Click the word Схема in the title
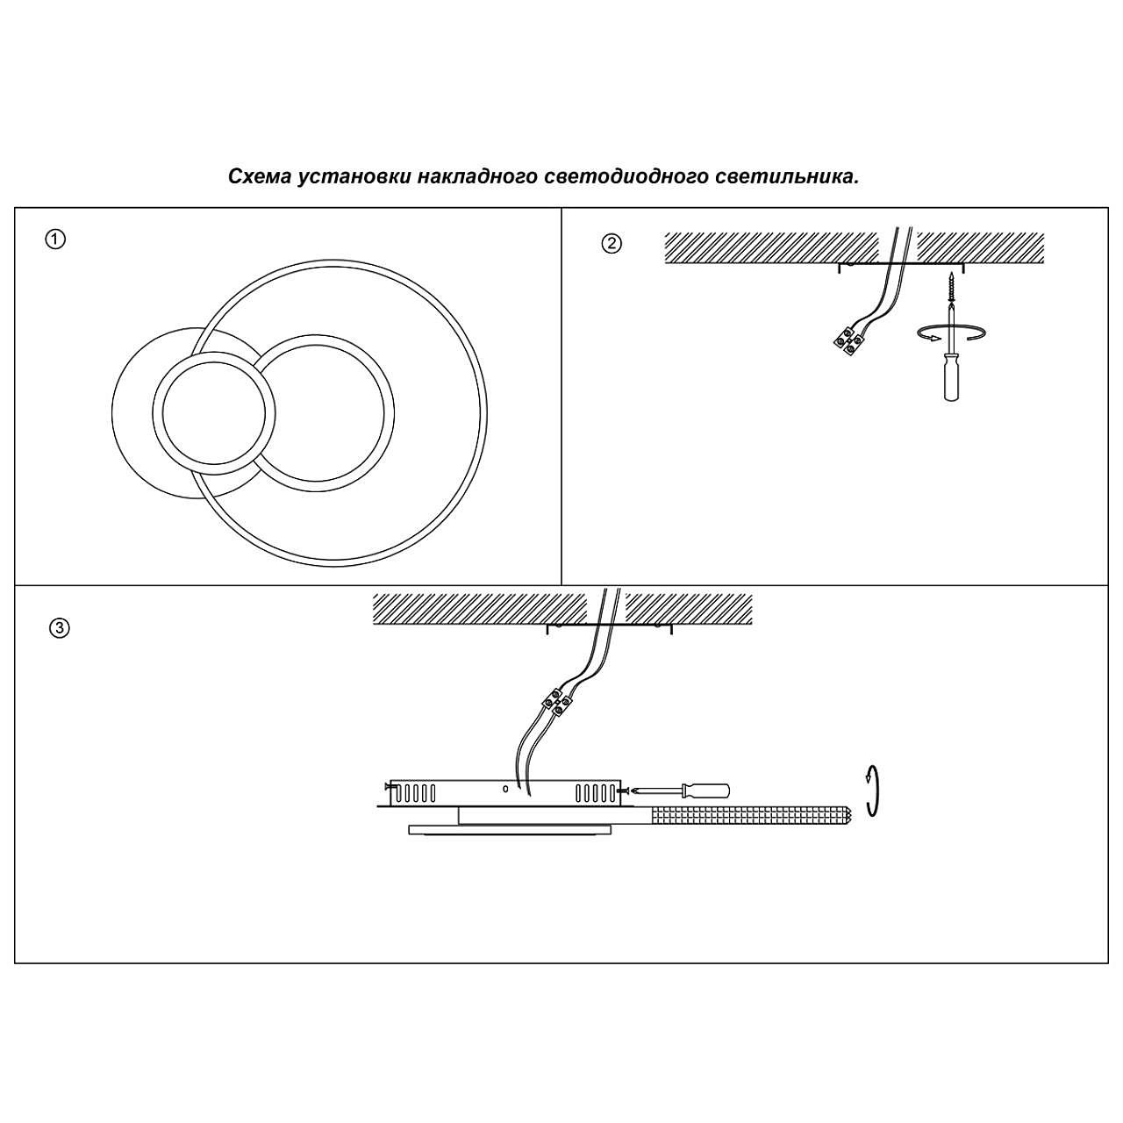pos(259,176)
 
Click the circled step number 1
pos(55,240)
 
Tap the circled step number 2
pos(612,244)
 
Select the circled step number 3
pos(59,628)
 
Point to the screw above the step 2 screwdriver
pos(951,286)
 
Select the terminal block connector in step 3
pos(556,699)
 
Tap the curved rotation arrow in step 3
pos(871,790)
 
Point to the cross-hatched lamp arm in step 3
pos(750,816)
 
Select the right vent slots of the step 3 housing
pos(597,794)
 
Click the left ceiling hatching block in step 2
pos(771,247)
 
